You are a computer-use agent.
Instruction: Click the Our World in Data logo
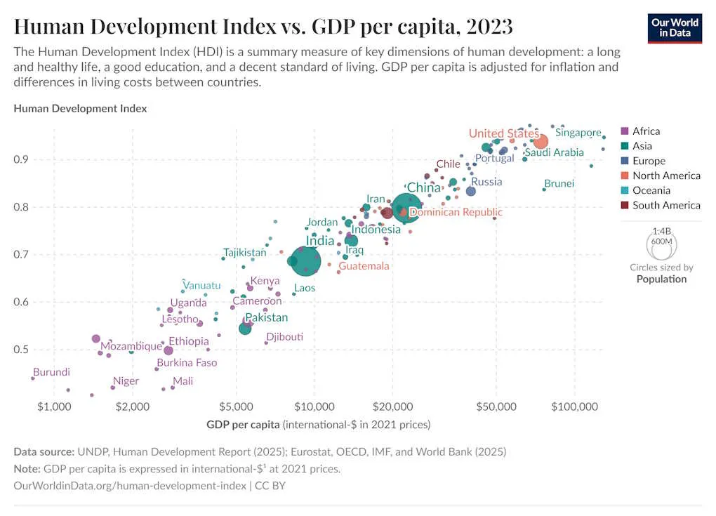tap(674, 28)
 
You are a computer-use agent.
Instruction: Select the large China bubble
tap(407, 208)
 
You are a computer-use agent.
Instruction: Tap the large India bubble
tap(306, 261)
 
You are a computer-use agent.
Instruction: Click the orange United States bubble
tap(541, 142)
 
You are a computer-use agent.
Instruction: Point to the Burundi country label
tap(51, 372)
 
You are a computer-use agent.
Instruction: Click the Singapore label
tap(578, 133)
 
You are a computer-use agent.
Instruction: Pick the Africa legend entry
tap(646, 131)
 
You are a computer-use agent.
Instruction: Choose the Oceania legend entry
tap(651, 190)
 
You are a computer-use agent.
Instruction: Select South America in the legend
tap(665, 205)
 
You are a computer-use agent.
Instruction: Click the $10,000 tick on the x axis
tap(314, 407)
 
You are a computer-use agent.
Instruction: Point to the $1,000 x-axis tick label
tap(54, 407)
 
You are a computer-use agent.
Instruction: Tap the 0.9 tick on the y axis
tap(23, 159)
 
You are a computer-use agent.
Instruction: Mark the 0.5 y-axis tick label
tap(23, 350)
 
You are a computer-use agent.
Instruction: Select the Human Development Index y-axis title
tap(80, 109)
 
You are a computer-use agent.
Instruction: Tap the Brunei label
tap(559, 183)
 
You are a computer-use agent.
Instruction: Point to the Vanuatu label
tap(202, 286)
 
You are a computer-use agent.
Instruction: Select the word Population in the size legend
tap(661, 279)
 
